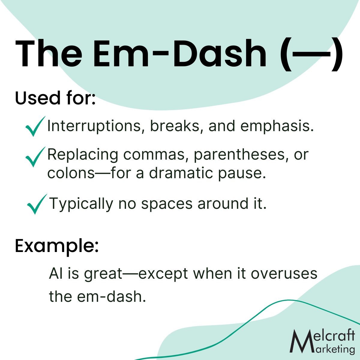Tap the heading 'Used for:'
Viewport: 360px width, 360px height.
pos(55,98)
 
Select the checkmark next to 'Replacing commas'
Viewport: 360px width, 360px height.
pos(35,157)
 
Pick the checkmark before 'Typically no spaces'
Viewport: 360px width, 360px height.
pos(37,204)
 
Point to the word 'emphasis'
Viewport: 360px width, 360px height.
pos(277,126)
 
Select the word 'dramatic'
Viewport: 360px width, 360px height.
pos(181,173)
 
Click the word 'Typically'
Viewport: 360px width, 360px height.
pos(81,204)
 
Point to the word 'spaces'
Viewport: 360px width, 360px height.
pos(167,204)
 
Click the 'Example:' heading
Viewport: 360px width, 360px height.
pos(57,246)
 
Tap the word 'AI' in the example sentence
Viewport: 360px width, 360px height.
pos(56,274)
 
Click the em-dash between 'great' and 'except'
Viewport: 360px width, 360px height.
pos(130,275)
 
